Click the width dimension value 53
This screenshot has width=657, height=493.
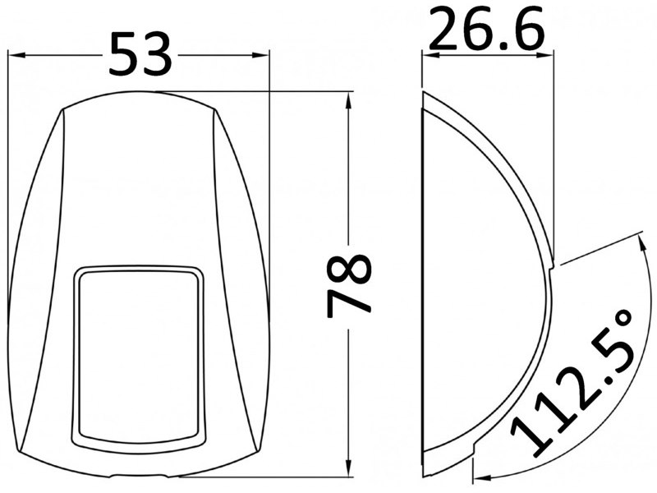coord(140,54)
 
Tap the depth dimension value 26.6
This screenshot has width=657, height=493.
coord(487,29)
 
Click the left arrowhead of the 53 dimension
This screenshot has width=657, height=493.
coord(16,55)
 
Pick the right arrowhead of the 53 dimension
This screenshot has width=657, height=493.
coord(260,55)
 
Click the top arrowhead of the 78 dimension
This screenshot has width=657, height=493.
coord(348,102)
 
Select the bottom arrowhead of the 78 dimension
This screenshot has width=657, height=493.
coord(348,467)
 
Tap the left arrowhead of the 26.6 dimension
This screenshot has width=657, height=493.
coord(430,54)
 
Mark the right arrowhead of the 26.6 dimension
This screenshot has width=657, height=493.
coord(544,54)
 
